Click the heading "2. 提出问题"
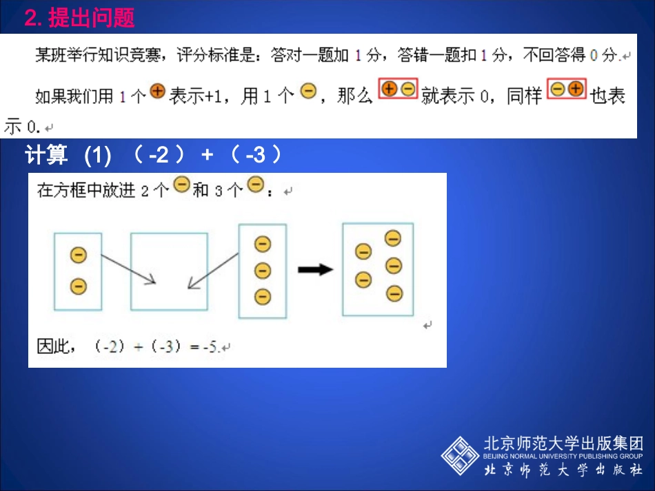[x=79, y=18]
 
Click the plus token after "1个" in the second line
[x=158, y=92]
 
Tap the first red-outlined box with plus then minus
[x=399, y=89]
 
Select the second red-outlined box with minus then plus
[x=567, y=89]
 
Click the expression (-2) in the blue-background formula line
[x=159, y=156]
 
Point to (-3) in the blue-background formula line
[x=256, y=156]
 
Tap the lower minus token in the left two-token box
[x=79, y=286]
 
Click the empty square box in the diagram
[x=169, y=271]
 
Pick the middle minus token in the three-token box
[x=263, y=270]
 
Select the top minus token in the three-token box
[x=263, y=244]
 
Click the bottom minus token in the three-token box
[x=263, y=297]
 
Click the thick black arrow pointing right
[x=315, y=270]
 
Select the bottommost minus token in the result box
[x=394, y=293]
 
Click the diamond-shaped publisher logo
[x=460, y=455]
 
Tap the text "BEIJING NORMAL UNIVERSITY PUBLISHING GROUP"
[x=562, y=456]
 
